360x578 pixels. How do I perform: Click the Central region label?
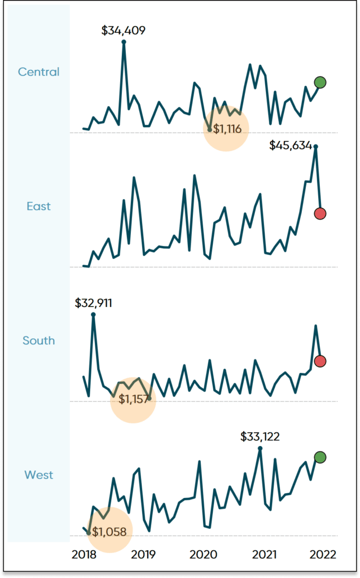[38, 72]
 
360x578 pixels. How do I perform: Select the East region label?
[38, 206]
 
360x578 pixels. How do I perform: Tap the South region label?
[38, 340]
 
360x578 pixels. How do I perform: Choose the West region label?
[38, 475]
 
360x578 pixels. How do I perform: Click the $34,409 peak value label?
[123, 30]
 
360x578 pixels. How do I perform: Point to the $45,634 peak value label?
[291, 146]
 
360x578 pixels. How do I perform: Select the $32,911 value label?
[93, 303]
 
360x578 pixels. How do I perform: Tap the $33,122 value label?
[260, 436]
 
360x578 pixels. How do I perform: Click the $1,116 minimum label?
[227, 129]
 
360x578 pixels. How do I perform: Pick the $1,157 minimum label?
[133, 400]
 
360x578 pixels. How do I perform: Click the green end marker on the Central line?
[320, 82]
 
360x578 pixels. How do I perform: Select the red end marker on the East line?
[320, 213]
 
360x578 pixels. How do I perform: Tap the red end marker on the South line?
[320, 361]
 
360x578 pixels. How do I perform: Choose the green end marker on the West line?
[320, 457]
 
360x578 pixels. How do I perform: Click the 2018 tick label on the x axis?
[84, 554]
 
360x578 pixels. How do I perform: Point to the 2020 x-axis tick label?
[203, 554]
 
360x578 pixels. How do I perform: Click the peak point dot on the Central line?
[124, 42]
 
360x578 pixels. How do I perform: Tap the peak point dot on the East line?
[315, 147]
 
